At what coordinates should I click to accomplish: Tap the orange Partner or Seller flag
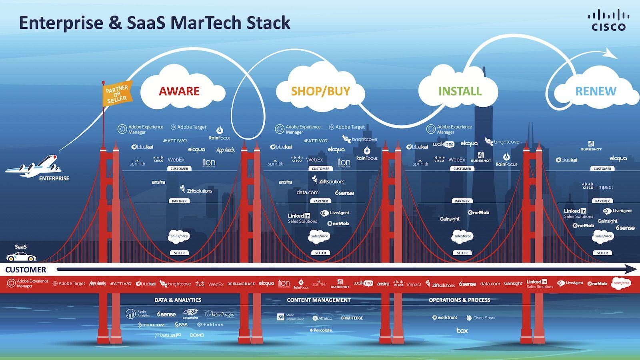(x=116, y=94)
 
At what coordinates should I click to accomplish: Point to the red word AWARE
(x=179, y=91)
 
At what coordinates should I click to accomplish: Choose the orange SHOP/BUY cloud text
(x=320, y=91)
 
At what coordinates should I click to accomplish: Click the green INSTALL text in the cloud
(x=460, y=91)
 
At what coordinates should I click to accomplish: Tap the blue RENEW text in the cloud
(x=596, y=91)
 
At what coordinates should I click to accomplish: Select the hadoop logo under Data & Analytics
(x=219, y=314)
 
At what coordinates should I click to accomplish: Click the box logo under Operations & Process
(x=462, y=330)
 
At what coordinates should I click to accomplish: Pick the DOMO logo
(x=197, y=335)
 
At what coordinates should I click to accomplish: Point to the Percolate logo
(x=321, y=330)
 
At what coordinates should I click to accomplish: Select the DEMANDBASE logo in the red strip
(x=241, y=284)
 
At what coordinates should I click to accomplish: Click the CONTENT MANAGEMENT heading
(x=318, y=300)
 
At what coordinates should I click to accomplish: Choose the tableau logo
(x=210, y=325)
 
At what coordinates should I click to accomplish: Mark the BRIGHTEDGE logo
(x=352, y=318)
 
